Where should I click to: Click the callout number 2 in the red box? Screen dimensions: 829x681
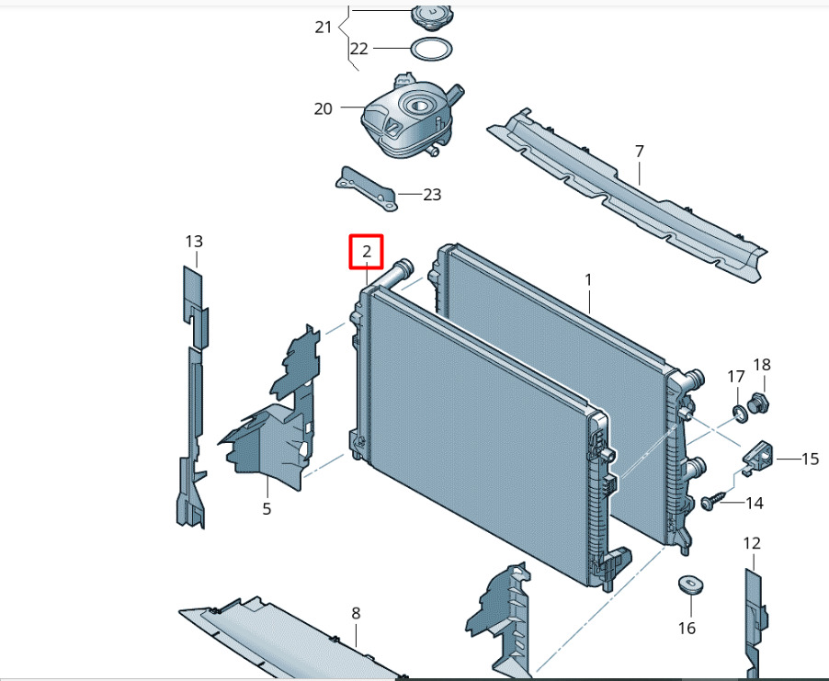[x=367, y=251]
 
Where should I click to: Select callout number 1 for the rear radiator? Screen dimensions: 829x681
[x=588, y=279]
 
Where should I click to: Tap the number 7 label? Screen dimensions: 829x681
[x=639, y=152]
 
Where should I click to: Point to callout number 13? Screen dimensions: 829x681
[x=194, y=242]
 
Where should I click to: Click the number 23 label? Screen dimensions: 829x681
[x=432, y=195]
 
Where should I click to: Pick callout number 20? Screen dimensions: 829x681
[x=323, y=109]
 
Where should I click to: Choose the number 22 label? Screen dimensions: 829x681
[x=359, y=49]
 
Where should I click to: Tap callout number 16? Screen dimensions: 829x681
[x=687, y=628]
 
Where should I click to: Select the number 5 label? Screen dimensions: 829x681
[x=267, y=508]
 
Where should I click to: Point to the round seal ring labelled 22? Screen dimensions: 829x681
[x=431, y=51]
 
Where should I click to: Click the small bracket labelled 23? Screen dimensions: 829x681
[x=367, y=188]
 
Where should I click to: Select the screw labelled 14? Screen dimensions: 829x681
[x=709, y=501]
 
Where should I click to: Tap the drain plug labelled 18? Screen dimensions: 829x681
[x=758, y=403]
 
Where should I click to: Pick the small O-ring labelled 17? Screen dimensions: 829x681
[x=740, y=412]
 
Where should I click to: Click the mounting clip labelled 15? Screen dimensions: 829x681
[x=757, y=456]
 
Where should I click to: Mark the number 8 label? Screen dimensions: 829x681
[x=356, y=613]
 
